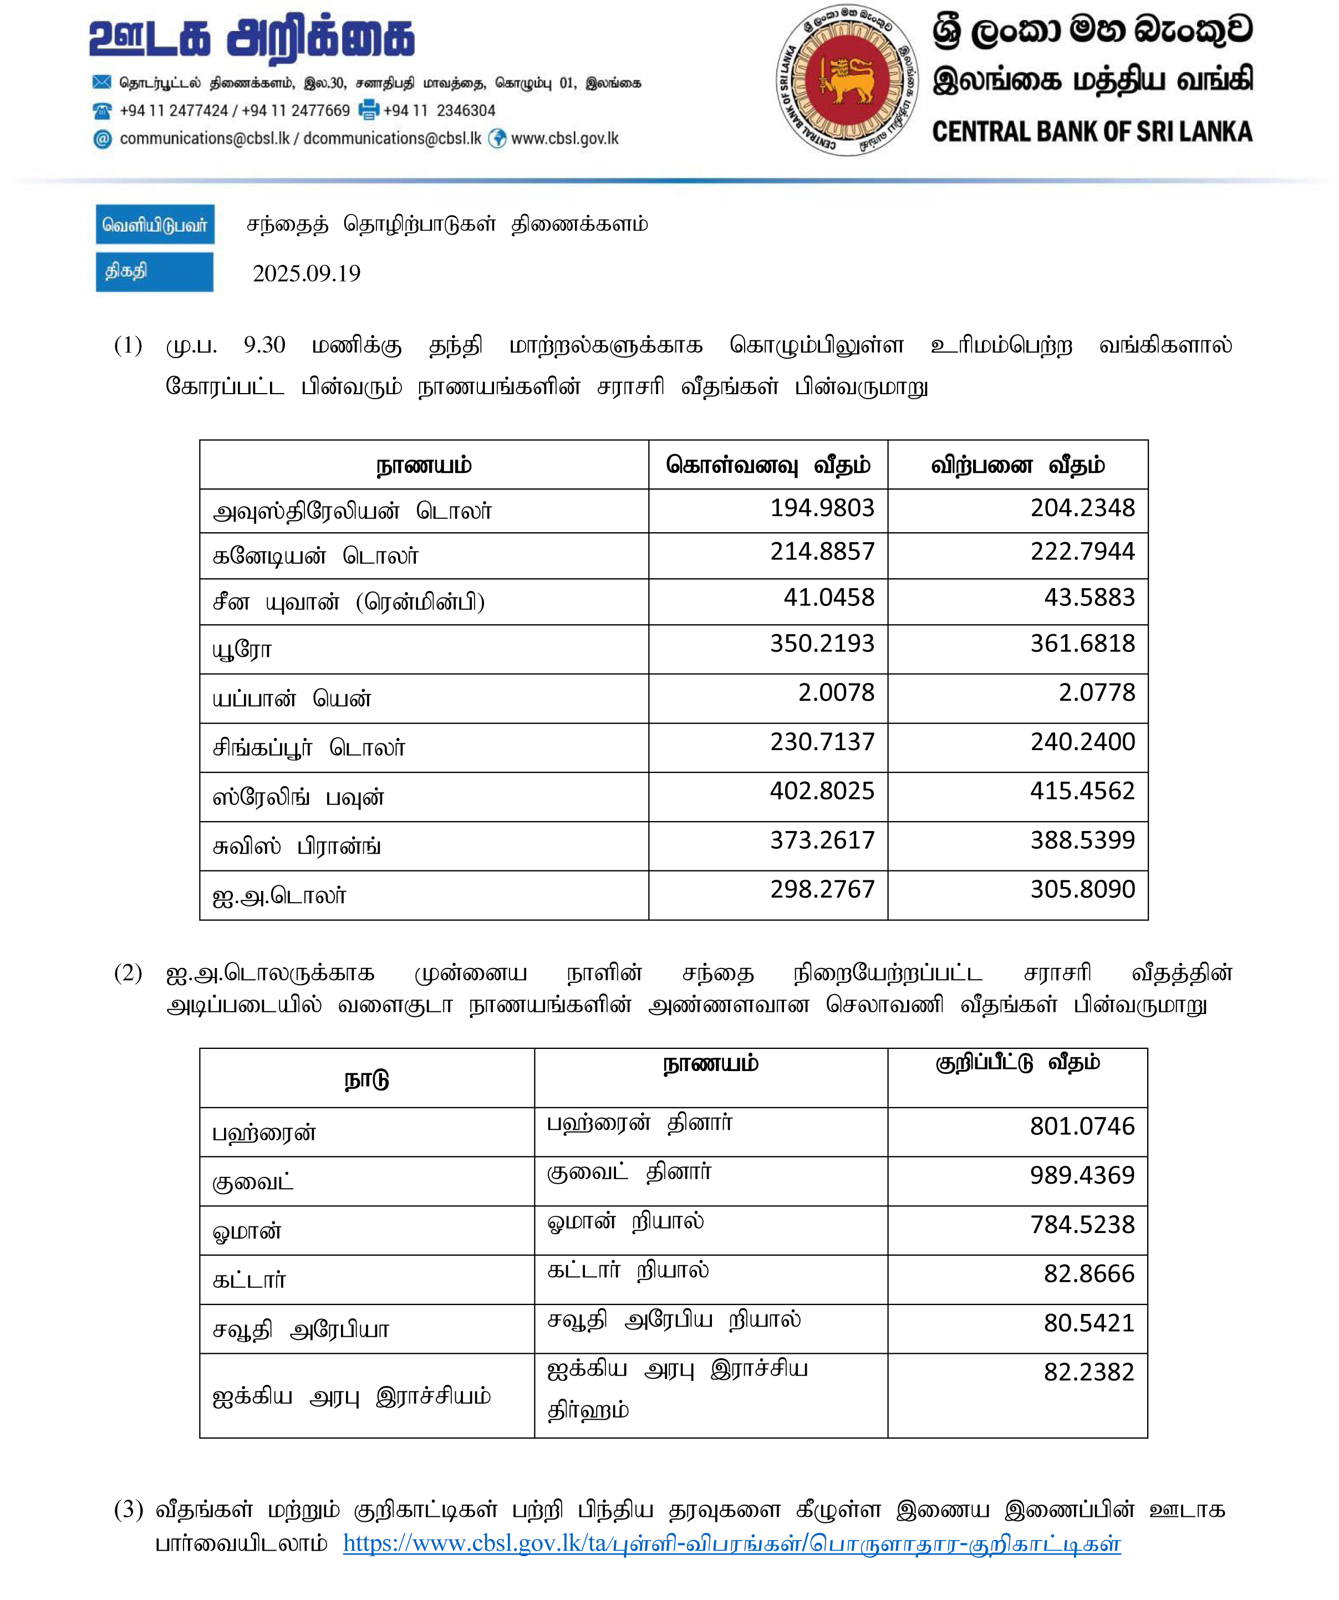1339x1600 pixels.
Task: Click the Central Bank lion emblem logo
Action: pos(847,80)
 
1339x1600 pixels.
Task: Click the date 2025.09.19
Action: pos(307,273)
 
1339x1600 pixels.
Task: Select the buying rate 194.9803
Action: pos(822,508)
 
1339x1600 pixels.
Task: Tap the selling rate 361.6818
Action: pos(1082,644)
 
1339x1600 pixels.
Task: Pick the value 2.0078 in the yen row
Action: pos(836,692)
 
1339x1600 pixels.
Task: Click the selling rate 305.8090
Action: pos(1082,889)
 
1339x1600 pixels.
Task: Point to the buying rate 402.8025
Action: pos(822,791)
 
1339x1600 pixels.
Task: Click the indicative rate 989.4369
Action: pos(1082,1176)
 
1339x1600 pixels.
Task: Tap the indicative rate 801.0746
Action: pos(1082,1126)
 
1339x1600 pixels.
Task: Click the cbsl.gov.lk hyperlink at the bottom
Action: pos(732,1543)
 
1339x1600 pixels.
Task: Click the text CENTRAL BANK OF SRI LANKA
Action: pos(1091,132)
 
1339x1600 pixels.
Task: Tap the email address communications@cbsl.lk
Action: pos(204,139)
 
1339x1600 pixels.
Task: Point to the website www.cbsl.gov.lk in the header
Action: pos(564,139)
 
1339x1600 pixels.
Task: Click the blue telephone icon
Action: pos(102,111)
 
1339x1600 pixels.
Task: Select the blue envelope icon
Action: pos(102,82)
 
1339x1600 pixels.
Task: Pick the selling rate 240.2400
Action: pos(1082,742)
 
